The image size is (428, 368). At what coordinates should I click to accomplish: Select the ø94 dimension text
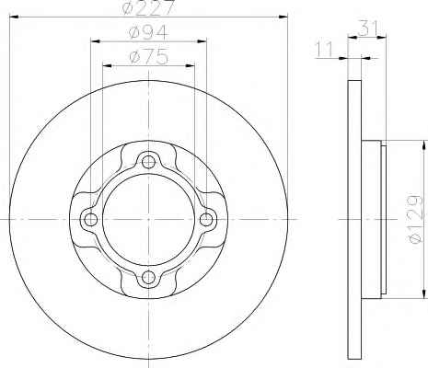pyautogui.click(x=149, y=32)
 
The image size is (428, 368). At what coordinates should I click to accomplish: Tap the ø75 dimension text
pyautogui.click(x=149, y=57)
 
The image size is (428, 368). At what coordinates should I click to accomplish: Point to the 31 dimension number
pyautogui.click(x=367, y=29)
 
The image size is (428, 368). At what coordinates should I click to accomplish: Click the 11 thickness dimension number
pyautogui.click(x=325, y=50)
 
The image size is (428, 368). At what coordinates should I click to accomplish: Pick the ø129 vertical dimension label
pyautogui.click(x=416, y=219)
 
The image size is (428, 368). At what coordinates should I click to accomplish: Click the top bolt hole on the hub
pyautogui.click(x=148, y=162)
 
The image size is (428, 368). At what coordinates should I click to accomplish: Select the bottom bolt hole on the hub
pyautogui.click(x=148, y=278)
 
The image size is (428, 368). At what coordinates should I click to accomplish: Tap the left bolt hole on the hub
pyautogui.click(x=90, y=219)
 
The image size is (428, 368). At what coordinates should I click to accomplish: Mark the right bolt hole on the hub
pyautogui.click(x=206, y=219)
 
